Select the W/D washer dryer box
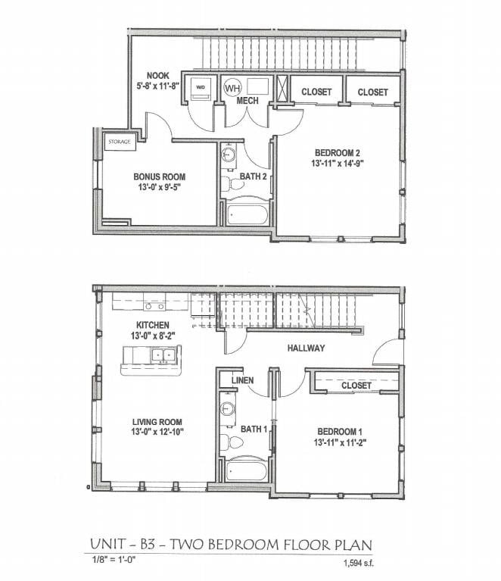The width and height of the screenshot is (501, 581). [x=201, y=88]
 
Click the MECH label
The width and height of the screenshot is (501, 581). [x=248, y=101]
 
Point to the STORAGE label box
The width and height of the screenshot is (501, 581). [x=120, y=142]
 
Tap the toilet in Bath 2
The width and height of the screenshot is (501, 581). [x=228, y=183]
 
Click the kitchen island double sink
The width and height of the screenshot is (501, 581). [x=163, y=355]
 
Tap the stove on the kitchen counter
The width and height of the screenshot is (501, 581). [x=155, y=305]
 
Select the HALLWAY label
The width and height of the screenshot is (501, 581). [x=306, y=348]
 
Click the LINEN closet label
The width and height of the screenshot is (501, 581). [x=242, y=380]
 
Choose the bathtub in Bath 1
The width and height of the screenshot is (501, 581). [x=247, y=471]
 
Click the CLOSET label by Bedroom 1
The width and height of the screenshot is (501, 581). [x=356, y=386]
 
